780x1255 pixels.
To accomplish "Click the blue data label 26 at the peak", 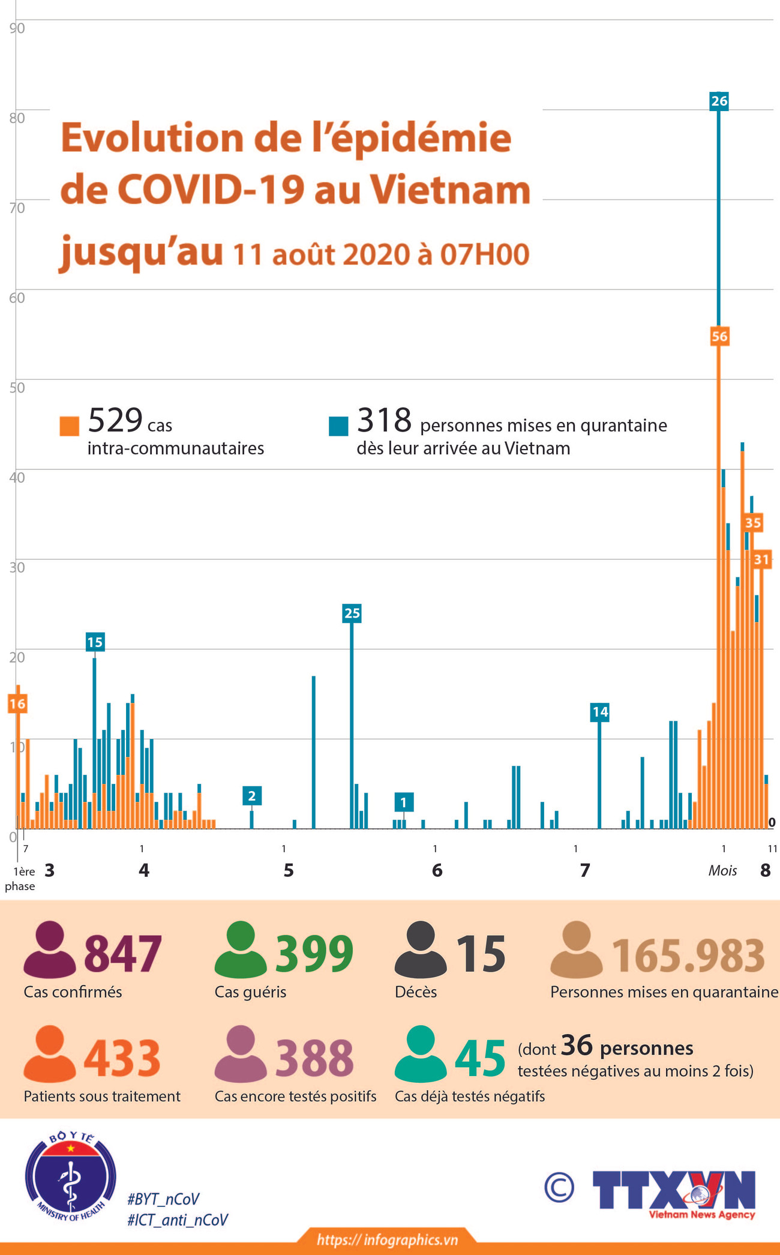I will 719,101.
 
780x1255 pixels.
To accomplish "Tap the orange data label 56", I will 719,337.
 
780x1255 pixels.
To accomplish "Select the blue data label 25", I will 352,613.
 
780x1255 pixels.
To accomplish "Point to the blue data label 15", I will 95,642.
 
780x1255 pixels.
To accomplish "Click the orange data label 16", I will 17,703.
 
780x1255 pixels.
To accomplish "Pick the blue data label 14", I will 600,712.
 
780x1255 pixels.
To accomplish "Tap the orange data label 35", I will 753,523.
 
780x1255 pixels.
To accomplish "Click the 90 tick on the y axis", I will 17,28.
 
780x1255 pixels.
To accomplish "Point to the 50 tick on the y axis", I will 17,388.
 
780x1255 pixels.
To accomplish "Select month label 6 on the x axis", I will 437,870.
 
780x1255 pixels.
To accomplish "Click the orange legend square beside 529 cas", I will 70,426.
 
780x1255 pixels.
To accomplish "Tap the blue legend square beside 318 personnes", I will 338,426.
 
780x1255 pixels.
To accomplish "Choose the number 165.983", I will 688,956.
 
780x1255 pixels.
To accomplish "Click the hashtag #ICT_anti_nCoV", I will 178,1220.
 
